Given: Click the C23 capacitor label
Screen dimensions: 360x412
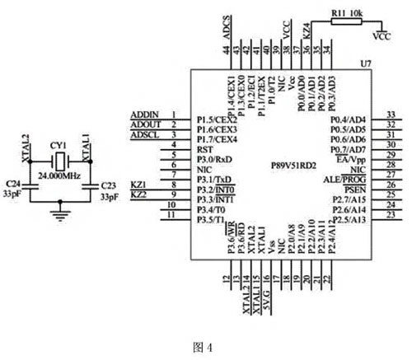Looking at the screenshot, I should (108, 186).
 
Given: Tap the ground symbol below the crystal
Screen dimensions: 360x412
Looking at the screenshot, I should (58, 216).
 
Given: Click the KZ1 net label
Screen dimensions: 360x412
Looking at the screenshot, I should (138, 184).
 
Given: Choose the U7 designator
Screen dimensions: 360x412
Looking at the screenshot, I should (365, 63).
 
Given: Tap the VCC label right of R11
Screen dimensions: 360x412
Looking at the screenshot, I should (382, 37).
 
